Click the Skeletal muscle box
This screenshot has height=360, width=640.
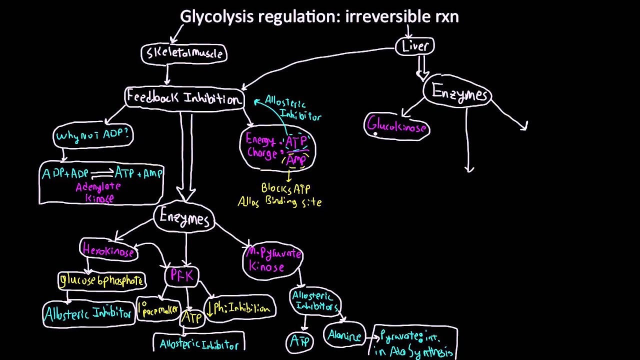[184, 53]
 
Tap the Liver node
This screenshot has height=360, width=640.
[415, 46]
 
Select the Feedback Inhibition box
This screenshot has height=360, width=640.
[184, 97]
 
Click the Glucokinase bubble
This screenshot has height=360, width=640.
[397, 127]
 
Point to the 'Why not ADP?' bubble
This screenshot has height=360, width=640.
[93, 135]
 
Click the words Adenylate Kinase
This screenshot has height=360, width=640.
[98, 192]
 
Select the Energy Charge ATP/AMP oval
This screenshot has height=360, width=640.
[278, 148]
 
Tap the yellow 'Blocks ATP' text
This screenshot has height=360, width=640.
[285, 188]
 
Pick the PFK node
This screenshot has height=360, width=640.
[181, 275]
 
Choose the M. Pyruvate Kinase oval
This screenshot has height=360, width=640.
[272, 260]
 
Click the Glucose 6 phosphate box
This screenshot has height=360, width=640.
[102, 280]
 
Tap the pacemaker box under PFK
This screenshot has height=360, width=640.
[158, 309]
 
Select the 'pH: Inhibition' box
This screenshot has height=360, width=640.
[240, 308]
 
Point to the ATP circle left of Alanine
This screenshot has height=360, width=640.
[300, 342]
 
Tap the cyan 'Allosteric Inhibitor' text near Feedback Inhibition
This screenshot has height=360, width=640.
[292, 107]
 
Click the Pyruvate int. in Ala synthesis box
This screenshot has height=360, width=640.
[415, 342]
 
